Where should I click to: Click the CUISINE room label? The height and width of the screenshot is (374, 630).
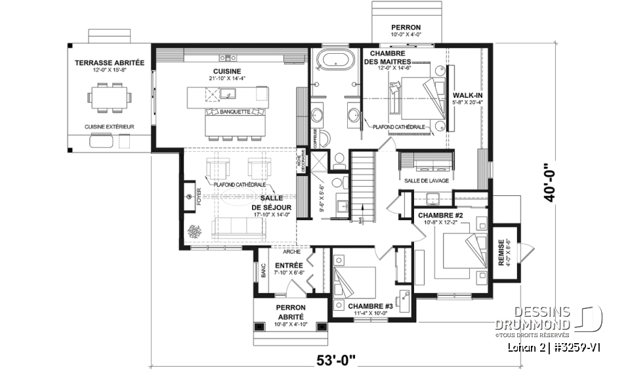[x=226, y=72]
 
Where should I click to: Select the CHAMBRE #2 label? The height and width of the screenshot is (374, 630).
[x=440, y=215]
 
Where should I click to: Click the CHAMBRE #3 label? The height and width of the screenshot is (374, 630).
[x=371, y=306]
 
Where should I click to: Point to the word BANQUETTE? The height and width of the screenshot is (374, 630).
[x=235, y=112]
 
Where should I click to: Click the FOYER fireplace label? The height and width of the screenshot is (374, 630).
[x=198, y=195]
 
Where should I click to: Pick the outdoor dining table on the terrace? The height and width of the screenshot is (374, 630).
[x=109, y=97]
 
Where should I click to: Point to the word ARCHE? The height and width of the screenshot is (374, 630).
[x=291, y=252]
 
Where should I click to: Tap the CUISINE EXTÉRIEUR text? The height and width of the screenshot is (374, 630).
[x=109, y=126]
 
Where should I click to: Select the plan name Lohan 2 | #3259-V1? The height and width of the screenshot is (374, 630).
[x=555, y=346]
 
